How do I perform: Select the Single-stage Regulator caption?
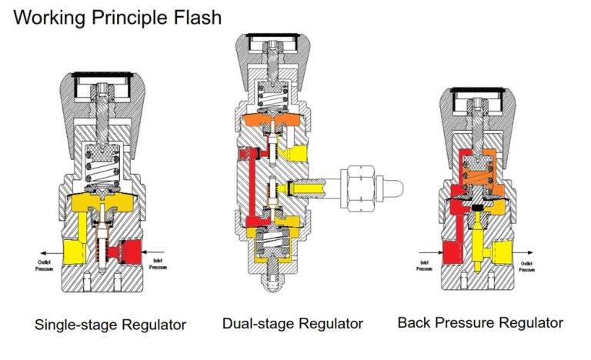[110, 325]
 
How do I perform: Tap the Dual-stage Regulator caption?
[292, 323]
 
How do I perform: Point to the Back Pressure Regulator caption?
[480, 322]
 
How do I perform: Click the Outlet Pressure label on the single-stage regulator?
[43, 266]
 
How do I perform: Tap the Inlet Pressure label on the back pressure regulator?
[425, 266]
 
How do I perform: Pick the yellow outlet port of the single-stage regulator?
[75, 249]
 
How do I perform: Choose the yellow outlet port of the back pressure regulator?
[504, 250]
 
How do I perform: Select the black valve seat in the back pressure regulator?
[479, 206]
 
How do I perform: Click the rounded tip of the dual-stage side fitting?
[396, 186]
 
